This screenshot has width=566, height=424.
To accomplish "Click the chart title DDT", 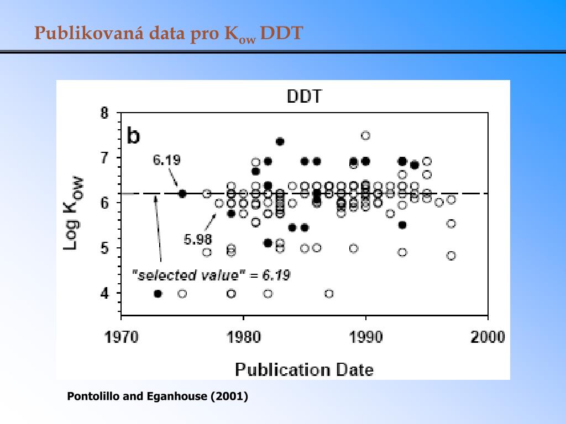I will click(304, 97).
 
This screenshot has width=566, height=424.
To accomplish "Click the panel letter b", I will click(133, 135).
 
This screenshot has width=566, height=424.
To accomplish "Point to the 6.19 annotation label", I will click(166, 160).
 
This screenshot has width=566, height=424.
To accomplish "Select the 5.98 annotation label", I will click(197, 240).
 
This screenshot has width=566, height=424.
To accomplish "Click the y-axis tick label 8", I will click(104, 113).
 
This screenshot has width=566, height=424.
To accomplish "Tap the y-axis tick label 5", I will click(104, 248).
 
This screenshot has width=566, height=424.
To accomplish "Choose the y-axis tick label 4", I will click(104, 294).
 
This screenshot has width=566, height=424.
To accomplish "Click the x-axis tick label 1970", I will click(122, 337).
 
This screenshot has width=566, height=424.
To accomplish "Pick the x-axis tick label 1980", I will click(243, 337).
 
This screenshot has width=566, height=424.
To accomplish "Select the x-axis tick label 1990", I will click(365, 337).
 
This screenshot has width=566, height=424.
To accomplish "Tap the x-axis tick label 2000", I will click(488, 337).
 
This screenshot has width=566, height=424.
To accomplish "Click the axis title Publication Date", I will click(304, 369).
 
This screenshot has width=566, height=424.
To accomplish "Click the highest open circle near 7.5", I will click(365, 136).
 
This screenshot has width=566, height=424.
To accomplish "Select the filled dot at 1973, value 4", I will click(158, 294).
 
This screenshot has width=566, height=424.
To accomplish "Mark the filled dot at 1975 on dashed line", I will click(182, 194).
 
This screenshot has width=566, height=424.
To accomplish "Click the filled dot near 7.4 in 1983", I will click(280, 141).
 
